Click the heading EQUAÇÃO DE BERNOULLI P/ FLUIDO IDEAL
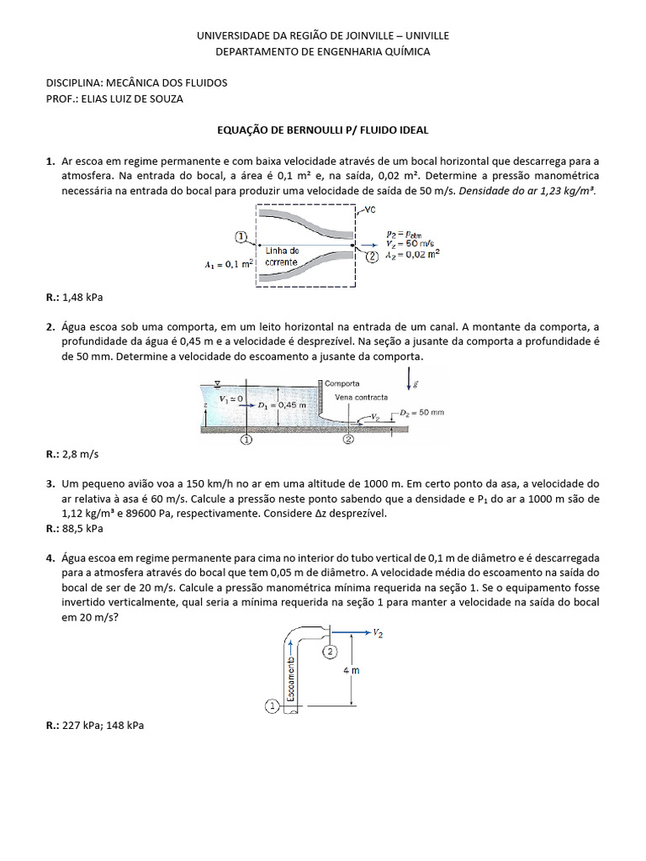323,131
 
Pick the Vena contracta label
360,397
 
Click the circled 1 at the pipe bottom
273,706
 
